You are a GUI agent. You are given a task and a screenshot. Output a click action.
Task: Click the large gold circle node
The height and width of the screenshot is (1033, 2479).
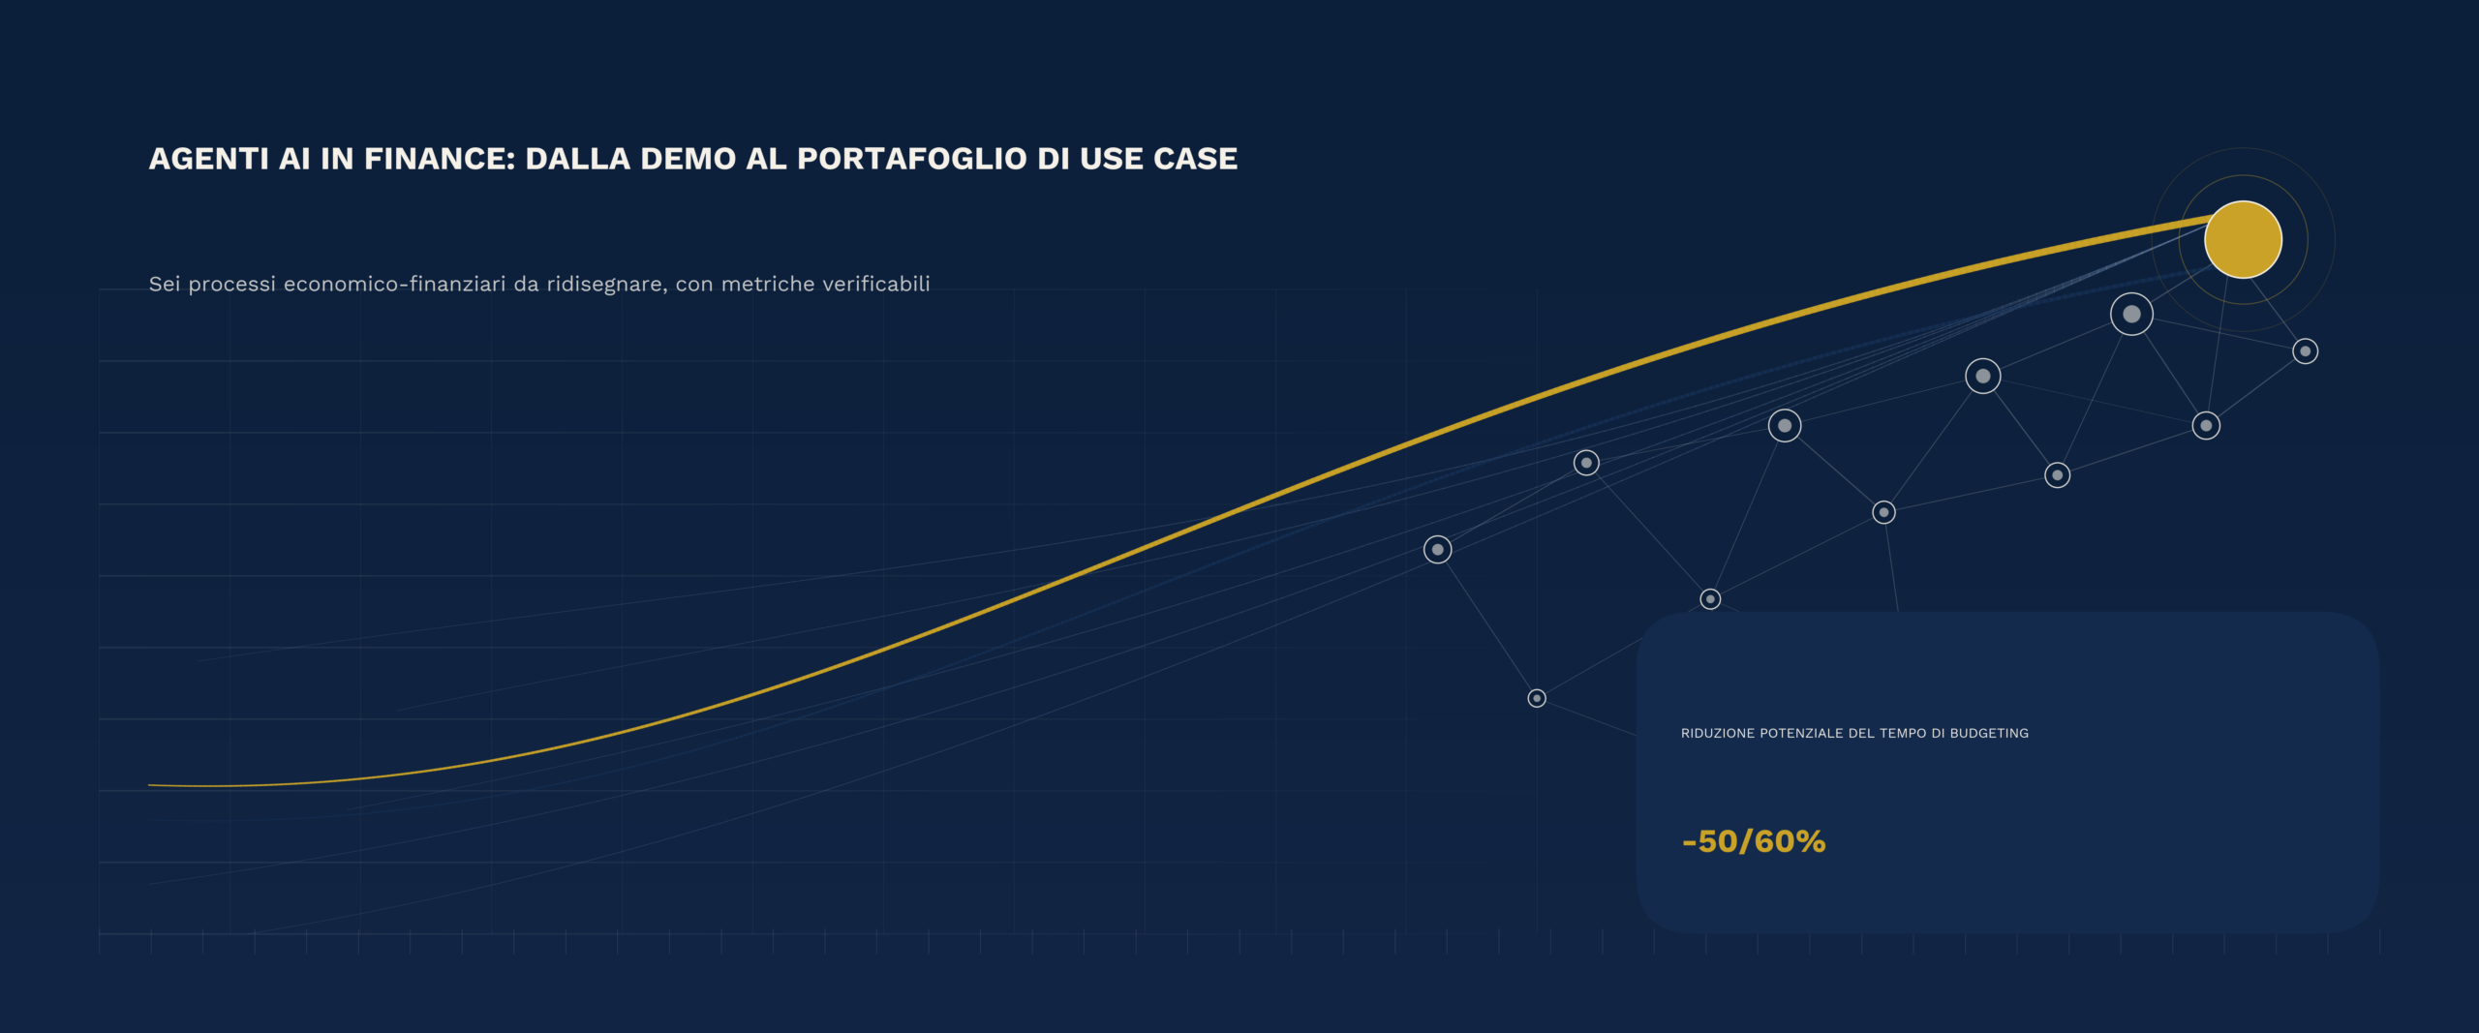[2243, 239]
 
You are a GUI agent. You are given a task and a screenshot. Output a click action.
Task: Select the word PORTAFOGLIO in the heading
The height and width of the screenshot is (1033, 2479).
[911, 159]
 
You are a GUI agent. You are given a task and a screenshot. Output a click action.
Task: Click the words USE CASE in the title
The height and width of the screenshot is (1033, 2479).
[1158, 159]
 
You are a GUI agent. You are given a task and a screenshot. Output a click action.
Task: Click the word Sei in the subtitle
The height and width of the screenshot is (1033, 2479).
[164, 284]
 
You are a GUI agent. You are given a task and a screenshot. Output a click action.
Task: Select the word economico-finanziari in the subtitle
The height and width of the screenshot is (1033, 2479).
[394, 284]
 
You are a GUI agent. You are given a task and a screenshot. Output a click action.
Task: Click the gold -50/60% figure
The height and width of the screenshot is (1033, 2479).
[1754, 841]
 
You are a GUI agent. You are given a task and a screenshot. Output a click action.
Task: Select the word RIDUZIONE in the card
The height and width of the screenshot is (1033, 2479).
[1717, 733]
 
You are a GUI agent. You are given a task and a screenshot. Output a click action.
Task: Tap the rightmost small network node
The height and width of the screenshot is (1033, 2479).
[2305, 351]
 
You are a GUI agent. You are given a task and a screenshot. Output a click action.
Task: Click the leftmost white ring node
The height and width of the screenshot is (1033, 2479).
[1437, 550]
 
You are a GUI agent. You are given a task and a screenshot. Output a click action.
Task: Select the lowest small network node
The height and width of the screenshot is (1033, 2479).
[1537, 698]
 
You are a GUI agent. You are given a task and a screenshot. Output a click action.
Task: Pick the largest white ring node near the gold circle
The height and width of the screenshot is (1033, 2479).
[2131, 314]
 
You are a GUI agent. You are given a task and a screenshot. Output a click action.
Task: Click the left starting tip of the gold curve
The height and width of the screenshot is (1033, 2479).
[149, 785]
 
